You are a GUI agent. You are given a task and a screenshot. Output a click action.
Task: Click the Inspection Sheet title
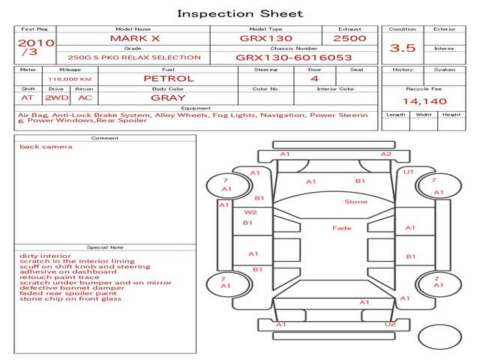point(240,13)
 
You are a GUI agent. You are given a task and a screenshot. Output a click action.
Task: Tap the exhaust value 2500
point(349,37)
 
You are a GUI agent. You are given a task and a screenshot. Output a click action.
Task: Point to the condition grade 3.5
point(403,47)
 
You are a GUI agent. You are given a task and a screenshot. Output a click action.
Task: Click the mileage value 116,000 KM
point(70,78)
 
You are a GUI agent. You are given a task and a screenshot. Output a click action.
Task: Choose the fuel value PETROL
point(168,78)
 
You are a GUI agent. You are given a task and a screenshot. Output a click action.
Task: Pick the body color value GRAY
point(168,97)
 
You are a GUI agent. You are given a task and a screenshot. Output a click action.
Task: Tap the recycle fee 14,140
point(419,101)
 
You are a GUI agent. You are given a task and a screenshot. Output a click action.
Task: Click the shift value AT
point(27,97)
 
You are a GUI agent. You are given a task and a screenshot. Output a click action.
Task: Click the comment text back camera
point(46,146)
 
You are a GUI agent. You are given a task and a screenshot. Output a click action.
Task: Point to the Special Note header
point(105,247)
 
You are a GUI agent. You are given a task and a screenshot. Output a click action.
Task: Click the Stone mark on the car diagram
point(355,202)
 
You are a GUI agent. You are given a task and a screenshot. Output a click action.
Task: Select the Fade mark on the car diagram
point(342,228)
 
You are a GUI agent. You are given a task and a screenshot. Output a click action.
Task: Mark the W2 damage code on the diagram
point(250,212)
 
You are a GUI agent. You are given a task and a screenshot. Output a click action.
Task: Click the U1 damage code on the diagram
point(409,172)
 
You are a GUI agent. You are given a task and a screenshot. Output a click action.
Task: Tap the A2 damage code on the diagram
point(385,154)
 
